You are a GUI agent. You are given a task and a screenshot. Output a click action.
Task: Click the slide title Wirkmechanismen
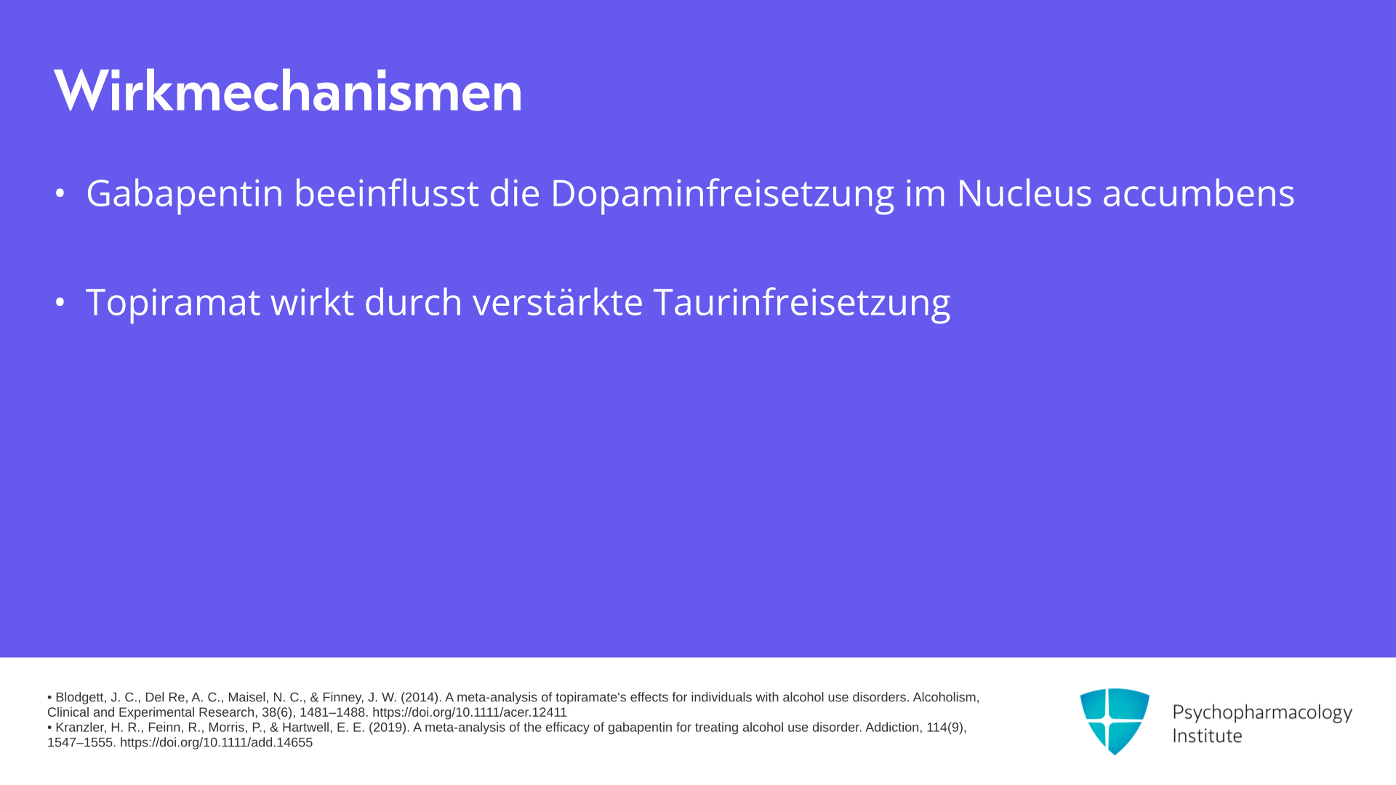[288, 91]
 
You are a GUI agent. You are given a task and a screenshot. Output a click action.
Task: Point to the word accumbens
[1198, 193]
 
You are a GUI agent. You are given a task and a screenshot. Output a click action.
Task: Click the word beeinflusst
[386, 193]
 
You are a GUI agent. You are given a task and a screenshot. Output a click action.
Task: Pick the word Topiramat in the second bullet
[173, 302]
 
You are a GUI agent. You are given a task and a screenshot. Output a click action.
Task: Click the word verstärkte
[558, 302]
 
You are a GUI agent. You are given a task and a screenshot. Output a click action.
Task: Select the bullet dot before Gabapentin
[60, 193]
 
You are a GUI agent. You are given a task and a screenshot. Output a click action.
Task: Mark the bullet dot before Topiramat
[60, 302]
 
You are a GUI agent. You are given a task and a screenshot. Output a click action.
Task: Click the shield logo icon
[1115, 722]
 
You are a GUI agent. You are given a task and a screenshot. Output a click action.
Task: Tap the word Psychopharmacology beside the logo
[1262, 713]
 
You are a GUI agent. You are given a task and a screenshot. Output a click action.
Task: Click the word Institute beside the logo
[1207, 736]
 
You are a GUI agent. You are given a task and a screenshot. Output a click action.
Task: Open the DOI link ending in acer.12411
[470, 713]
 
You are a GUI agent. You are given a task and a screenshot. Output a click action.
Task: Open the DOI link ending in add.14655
[216, 743]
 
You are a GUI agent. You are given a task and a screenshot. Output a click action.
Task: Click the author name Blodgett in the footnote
[81, 698]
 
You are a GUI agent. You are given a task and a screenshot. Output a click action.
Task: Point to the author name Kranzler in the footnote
[80, 728]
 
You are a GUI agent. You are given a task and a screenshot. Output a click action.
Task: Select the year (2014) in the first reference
[421, 698]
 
